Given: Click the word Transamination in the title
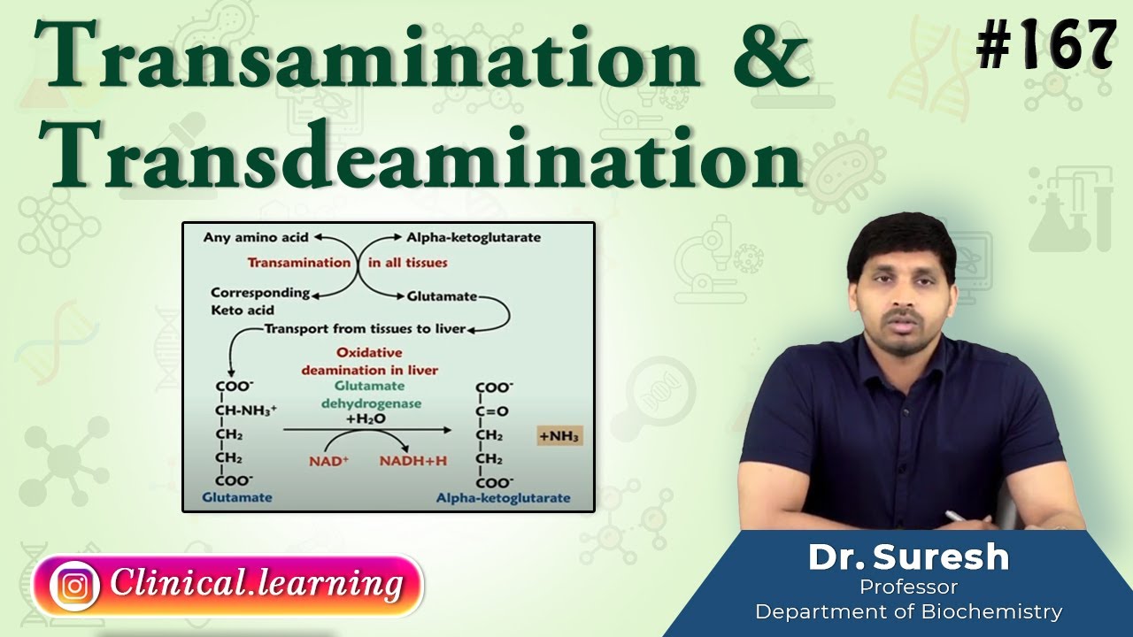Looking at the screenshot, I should click(x=367, y=60).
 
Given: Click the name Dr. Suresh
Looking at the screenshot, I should click(x=908, y=557).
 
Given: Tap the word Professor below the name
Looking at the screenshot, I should click(x=908, y=587).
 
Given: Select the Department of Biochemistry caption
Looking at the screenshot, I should click(x=908, y=611).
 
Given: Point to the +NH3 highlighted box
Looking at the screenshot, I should click(x=560, y=436).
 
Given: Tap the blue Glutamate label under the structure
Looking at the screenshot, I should click(x=237, y=498).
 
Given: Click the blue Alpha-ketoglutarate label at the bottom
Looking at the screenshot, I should click(x=503, y=499).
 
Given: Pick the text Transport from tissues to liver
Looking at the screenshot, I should click(x=365, y=329).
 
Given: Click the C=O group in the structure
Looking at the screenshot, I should click(x=492, y=411).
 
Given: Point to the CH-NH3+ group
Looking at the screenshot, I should click(x=246, y=411).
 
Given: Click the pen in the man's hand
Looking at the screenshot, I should click(x=956, y=517).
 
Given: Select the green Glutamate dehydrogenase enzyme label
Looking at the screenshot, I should click(x=370, y=395).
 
